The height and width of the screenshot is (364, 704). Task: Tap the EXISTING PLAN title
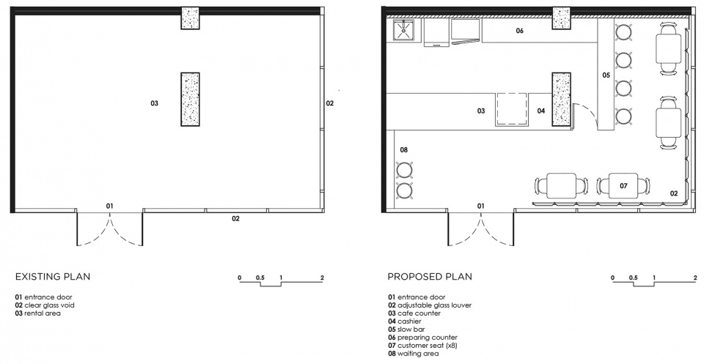coord(53,277)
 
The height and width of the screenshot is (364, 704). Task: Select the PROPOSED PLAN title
coord(430,277)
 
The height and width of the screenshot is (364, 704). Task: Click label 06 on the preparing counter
coord(519,31)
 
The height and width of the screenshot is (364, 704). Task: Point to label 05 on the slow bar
coord(606,75)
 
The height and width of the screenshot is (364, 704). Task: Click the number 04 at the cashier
coord(541,111)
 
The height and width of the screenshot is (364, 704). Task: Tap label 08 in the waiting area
coord(403,149)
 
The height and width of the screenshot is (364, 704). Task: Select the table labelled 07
coord(623,186)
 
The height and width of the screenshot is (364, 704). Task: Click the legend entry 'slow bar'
coord(411,330)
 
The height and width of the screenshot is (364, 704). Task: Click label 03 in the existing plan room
coord(155,103)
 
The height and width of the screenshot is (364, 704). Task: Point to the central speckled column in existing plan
coord(191,99)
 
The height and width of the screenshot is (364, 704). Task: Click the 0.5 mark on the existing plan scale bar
coord(260,278)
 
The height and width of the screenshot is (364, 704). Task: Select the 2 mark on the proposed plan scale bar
coord(695,278)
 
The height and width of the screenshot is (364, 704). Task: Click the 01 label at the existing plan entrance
coord(109,206)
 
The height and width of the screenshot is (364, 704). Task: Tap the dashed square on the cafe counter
coord(512,109)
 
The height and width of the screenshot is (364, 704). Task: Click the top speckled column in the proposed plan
coord(561,18)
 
